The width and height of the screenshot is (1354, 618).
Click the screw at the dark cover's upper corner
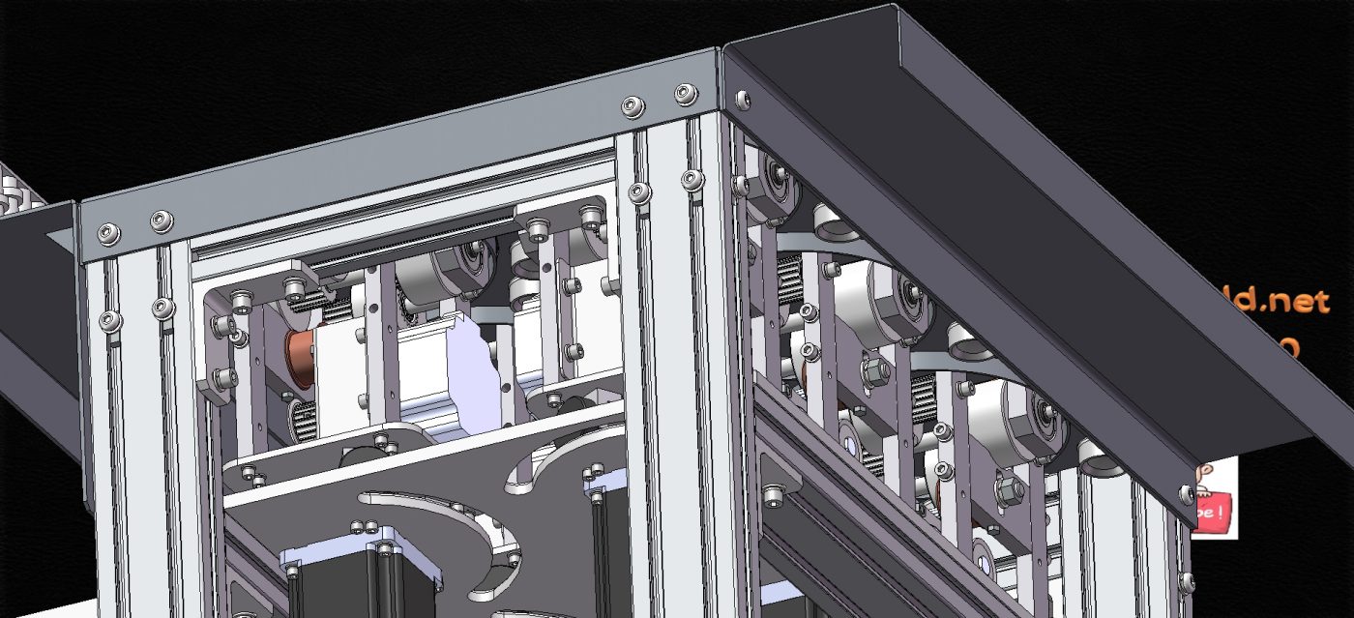click(x=742, y=99)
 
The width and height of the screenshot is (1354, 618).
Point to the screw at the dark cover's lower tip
click(x=1187, y=494)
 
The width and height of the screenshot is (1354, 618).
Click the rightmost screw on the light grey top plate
click(x=685, y=93)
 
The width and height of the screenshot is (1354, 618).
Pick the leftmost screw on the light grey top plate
click(x=108, y=233)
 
